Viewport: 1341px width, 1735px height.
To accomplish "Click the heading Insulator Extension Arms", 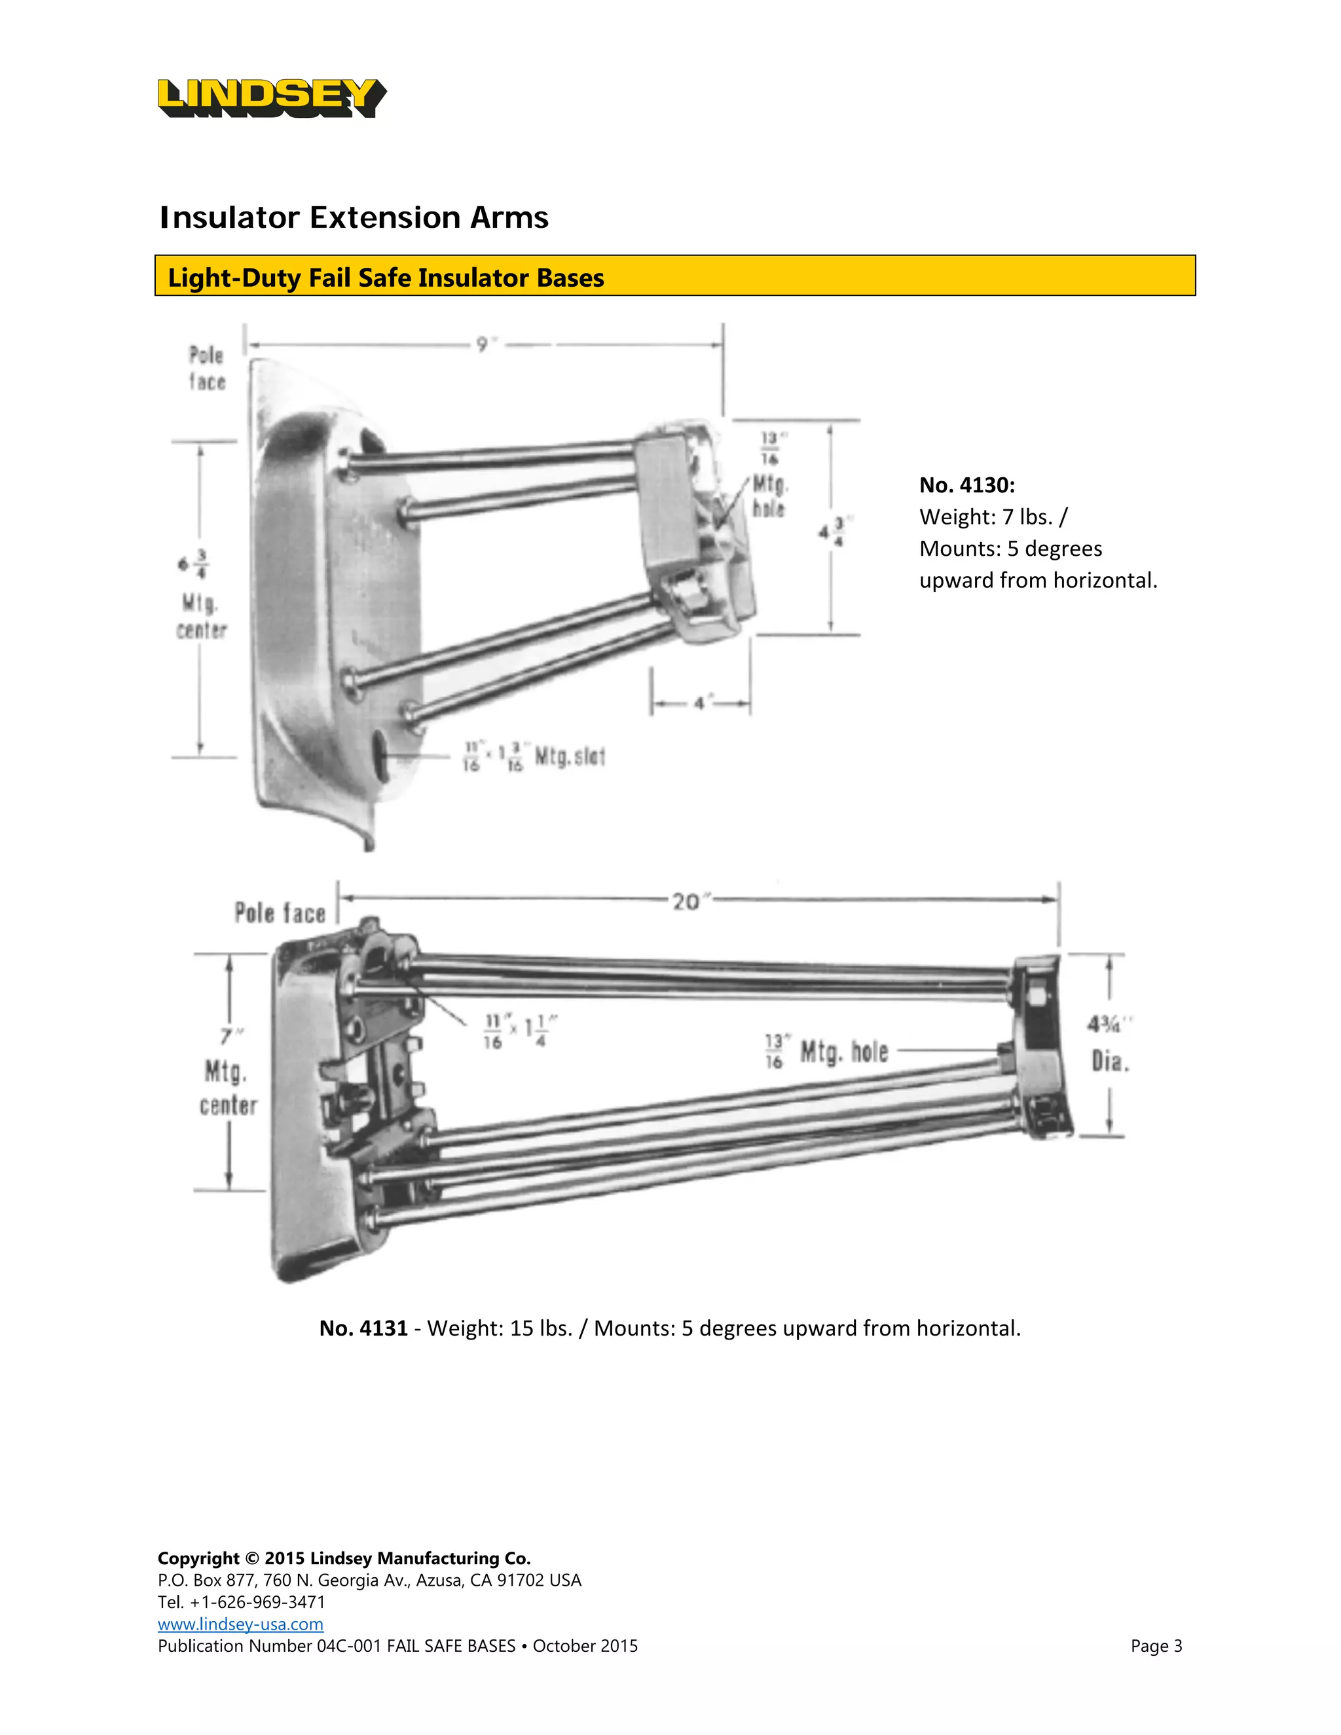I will pos(354,217).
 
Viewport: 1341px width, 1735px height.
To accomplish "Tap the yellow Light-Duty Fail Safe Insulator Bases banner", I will pos(674,276).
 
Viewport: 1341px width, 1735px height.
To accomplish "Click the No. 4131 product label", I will pos(363,1328).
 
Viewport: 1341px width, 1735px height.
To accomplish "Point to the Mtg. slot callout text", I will pos(569,756).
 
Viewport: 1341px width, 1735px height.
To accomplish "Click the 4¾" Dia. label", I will pos(1109,1042).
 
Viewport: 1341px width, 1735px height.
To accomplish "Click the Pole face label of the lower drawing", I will pos(280,913).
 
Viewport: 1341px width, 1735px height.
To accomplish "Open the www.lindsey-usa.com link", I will pos(240,1624).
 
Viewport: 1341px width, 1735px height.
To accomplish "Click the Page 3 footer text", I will pos(1156,1646).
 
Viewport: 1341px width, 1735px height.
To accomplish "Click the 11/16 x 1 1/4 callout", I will pos(521,1031).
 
